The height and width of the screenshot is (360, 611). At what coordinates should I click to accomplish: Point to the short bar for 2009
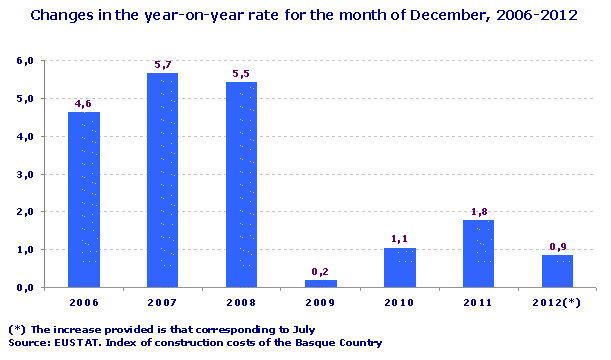click(x=320, y=283)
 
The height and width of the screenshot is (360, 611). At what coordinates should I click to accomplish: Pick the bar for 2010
click(x=399, y=267)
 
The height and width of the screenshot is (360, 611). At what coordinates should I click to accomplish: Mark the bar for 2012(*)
click(x=557, y=271)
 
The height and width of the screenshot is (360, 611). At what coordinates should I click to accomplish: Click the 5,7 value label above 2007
click(x=162, y=65)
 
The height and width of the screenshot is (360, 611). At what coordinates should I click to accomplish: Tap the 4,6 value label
click(x=83, y=103)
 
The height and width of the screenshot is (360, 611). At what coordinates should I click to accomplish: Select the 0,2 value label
click(x=320, y=271)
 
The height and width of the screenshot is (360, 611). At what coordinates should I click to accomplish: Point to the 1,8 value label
click(x=478, y=211)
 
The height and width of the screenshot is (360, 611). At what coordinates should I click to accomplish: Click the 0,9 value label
click(x=557, y=246)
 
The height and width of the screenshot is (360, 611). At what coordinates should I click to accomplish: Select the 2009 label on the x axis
click(x=320, y=303)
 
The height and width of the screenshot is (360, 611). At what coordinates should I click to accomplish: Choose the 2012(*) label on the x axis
click(x=557, y=303)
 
